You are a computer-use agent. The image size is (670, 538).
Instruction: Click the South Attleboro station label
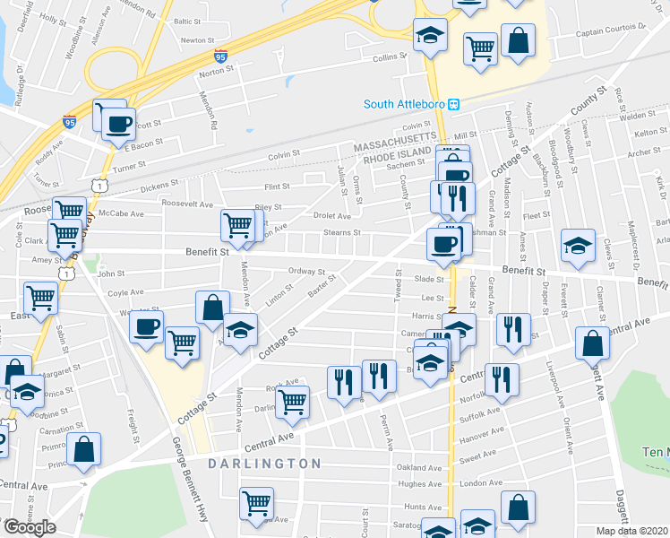pyautogui.click(x=404, y=104)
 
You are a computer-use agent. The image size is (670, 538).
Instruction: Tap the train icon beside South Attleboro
pyautogui.click(x=454, y=104)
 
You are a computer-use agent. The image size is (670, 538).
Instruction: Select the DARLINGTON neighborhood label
pyautogui.click(x=265, y=464)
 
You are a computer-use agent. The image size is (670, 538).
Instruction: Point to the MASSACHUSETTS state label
pyautogui.click(x=394, y=146)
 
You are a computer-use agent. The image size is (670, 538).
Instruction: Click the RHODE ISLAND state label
pyautogui.click(x=391, y=159)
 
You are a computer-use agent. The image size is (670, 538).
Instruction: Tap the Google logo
pyautogui.click(x=30, y=527)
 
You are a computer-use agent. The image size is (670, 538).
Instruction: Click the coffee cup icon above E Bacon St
pyautogui.click(x=118, y=122)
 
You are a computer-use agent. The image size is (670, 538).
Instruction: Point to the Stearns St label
pyautogui.click(x=343, y=233)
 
